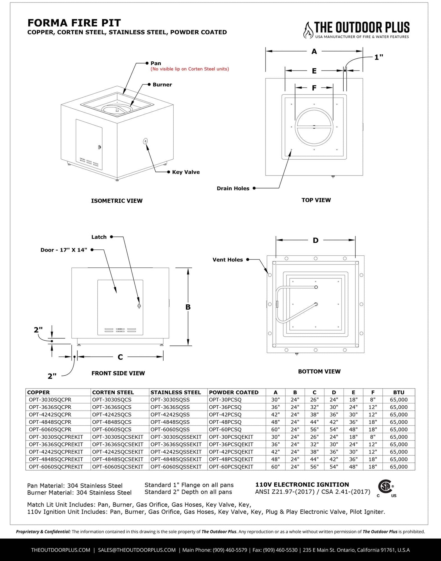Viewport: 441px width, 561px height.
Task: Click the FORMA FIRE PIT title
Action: [74, 23]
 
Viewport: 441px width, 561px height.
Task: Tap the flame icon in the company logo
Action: [308, 30]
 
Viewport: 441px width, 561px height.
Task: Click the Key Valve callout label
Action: [186, 172]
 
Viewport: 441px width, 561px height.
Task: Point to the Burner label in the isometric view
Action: [162, 85]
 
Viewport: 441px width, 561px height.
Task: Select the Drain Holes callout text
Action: [233, 188]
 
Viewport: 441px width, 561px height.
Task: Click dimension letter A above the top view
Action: [314, 52]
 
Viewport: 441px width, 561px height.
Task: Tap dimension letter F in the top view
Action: [314, 88]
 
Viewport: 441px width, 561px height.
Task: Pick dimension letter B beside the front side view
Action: [188, 307]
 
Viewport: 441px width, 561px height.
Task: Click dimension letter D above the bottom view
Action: [316, 240]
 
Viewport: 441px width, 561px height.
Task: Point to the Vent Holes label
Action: [228, 260]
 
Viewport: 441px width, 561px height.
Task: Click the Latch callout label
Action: [99, 237]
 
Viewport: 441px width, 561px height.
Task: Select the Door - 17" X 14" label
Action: [64, 250]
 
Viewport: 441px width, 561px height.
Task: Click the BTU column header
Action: [399, 393]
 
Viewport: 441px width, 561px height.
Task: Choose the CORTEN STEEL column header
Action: [113, 393]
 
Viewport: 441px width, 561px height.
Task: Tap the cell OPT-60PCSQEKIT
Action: [231, 467]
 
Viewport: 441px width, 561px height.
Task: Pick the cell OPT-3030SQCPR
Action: [50, 400]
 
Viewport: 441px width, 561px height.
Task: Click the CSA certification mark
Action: [386, 487]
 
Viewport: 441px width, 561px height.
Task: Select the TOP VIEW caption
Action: [316, 200]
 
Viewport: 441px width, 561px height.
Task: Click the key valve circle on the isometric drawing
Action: [145, 141]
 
